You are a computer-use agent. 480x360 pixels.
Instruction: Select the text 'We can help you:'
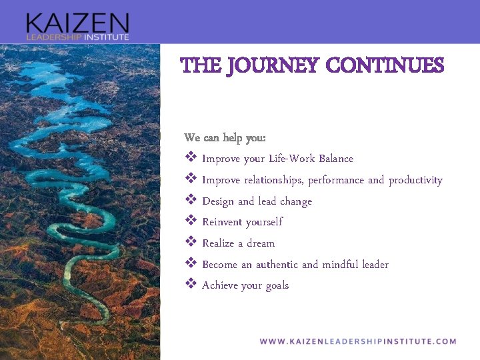[225, 138]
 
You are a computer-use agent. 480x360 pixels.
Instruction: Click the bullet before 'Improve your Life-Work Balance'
[190, 159]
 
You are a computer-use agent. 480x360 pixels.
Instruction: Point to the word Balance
[336, 159]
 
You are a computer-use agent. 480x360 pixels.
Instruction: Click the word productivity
[415, 180]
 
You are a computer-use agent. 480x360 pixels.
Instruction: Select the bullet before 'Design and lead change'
[190, 201]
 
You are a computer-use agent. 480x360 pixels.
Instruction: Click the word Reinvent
[222, 222]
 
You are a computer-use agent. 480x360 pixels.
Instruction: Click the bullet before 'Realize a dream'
[190, 243]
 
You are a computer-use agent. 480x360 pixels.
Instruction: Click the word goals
[277, 285]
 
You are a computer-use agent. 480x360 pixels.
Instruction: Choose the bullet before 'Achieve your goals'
[190, 285]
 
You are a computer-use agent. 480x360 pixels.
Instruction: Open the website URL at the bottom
[358, 341]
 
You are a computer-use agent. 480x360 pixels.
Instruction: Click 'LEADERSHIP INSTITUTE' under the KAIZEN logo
[77, 37]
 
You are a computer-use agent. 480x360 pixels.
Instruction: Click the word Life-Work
[292, 159]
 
